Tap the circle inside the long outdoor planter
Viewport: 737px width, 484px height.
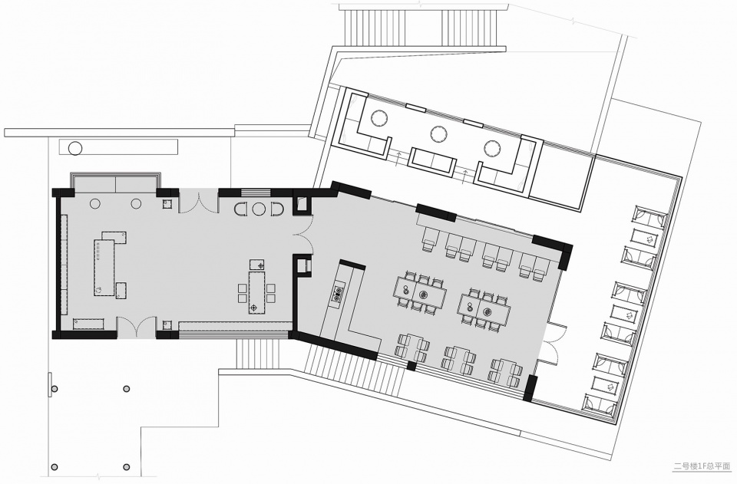coord(74,148)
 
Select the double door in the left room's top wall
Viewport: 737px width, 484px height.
coord(199,202)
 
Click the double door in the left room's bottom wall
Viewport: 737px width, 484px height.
coord(136,327)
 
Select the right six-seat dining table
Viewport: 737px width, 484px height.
coord(485,311)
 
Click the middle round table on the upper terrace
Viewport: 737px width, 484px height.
coord(439,133)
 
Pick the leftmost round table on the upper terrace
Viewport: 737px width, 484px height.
coord(379,117)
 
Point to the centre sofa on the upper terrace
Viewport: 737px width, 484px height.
coord(432,162)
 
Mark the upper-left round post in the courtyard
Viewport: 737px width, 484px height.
coord(55,389)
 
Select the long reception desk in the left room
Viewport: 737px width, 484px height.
coord(105,267)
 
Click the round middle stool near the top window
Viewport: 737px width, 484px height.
coord(257,209)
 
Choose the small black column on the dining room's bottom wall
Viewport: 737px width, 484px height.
coord(411,366)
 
